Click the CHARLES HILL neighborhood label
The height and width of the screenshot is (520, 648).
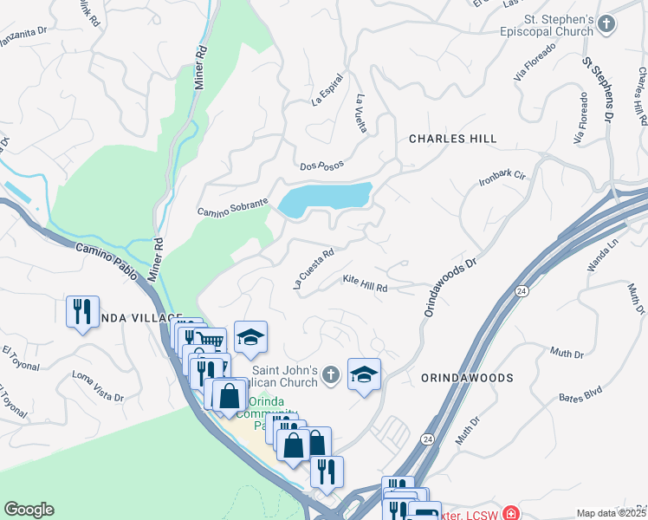coord(452,139)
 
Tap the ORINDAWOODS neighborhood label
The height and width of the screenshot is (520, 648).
coord(467,378)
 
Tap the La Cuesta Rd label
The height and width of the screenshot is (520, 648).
coord(314,269)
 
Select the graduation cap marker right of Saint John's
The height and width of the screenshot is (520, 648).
coord(365,374)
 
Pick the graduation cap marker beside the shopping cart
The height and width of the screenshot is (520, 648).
coord(250,338)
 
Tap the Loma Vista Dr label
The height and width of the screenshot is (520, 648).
coord(98,386)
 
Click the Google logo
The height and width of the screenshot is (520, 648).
coord(29,510)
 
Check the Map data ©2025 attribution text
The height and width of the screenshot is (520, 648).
coord(610,513)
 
